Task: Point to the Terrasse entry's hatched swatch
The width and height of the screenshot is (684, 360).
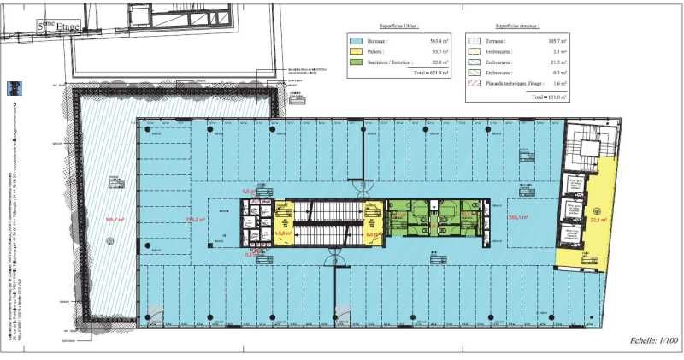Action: pos(474,40)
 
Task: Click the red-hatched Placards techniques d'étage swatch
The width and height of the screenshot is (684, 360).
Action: pos(474,83)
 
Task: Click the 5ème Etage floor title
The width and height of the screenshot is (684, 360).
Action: pos(58,27)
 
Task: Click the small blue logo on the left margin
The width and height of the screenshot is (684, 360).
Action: pos(15,88)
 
